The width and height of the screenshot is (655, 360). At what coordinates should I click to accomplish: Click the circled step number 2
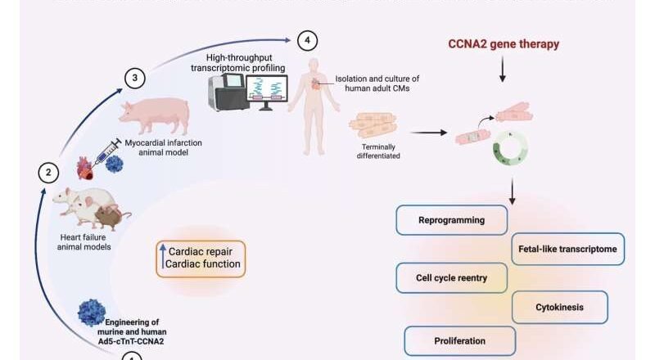point(49,173)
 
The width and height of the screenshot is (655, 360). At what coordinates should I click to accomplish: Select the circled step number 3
point(135,78)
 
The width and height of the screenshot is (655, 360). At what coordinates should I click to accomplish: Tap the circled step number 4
point(307,39)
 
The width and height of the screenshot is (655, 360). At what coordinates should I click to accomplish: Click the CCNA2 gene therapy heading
point(503,44)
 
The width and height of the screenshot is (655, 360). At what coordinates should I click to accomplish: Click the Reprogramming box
point(451,220)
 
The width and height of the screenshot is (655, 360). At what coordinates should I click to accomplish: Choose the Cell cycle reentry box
point(451,278)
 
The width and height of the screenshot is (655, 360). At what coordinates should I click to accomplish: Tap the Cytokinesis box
point(560,308)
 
